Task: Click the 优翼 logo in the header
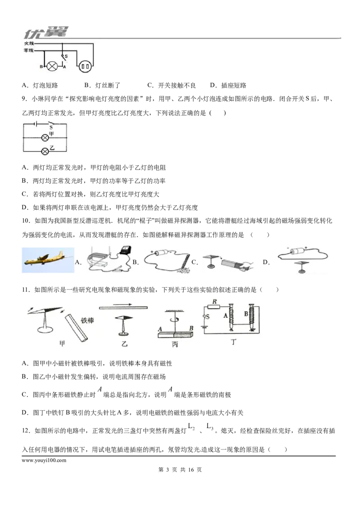(46, 32)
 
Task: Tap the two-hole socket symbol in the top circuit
(85, 67)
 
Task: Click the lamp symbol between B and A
(52, 67)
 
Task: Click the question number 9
(24, 99)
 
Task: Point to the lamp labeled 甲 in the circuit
(45, 138)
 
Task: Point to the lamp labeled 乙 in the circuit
(45, 151)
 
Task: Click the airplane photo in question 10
(48, 260)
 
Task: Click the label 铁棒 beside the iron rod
(87, 321)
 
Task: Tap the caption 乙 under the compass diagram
(124, 343)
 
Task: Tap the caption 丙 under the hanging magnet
(175, 344)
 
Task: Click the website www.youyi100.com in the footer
(44, 460)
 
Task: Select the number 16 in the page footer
(191, 470)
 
